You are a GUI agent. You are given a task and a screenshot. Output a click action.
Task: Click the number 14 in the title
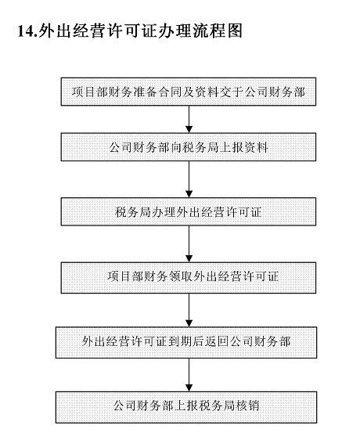pyautogui.click(x=24, y=31)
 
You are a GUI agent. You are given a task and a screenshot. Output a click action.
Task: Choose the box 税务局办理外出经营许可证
pyautogui.click(x=189, y=211)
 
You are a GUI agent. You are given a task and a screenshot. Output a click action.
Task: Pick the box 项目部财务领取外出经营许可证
pyautogui.click(x=189, y=276)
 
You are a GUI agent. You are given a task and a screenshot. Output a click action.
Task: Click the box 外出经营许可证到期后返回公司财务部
pyautogui.click(x=189, y=341)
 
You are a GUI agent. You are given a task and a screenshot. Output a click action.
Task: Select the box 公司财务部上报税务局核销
pyautogui.click(x=189, y=406)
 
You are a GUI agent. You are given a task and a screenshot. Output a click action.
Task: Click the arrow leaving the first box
pyautogui.click(x=189, y=119)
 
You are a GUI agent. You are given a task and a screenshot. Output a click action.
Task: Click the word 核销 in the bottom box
pyautogui.click(x=250, y=406)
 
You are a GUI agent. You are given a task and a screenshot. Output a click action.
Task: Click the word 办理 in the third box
pyautogui.click(x=157, y=211)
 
